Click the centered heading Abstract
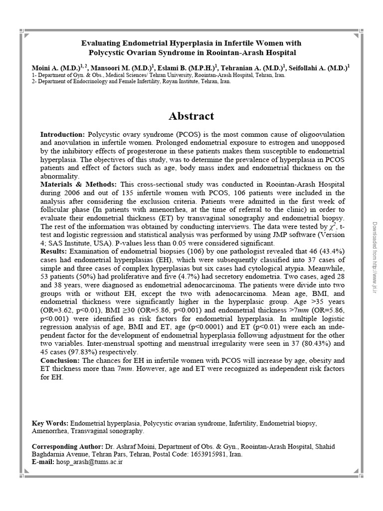(x=191, y=116)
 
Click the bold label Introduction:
(x=63, y=135)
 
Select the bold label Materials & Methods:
(x=78, y=184)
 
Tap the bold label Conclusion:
(x=60, y=360)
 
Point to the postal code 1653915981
(x=207, y=454)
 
